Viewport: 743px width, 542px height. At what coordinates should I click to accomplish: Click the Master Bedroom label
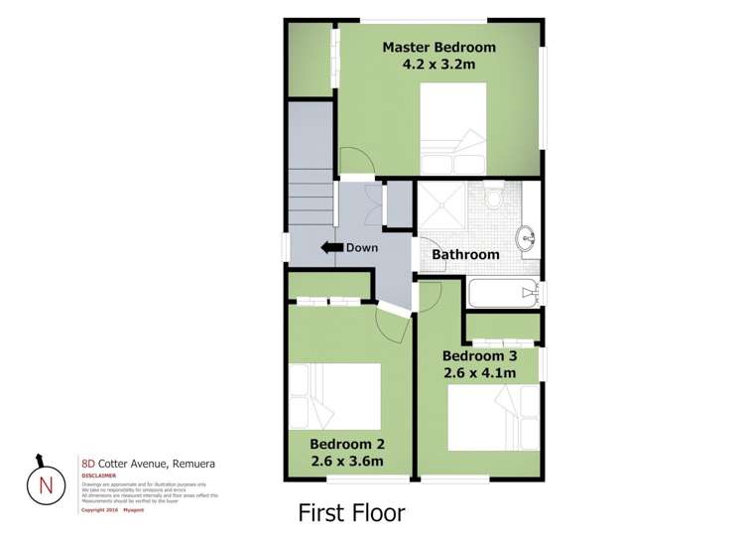click(x=438, y=47)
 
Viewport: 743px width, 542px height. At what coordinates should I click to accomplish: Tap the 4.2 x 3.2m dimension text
click(x=438, y=66)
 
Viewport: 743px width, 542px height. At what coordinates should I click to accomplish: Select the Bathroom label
click(x=465, y=255)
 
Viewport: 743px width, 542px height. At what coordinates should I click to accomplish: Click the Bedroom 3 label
click(x=478, y=355)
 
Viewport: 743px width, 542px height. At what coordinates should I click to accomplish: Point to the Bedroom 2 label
click(x=346, y=444)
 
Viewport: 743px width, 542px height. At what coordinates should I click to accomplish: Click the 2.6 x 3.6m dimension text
click(x=346, y=462)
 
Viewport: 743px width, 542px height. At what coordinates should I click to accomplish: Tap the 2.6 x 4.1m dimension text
click(x=478, y=373)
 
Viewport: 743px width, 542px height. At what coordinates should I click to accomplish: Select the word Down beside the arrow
click(x=361, y=247)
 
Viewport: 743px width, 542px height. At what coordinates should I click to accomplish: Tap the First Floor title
click(x=351, y=513)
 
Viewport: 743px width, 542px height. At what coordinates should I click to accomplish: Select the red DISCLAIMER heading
click(x=98, y=475)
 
